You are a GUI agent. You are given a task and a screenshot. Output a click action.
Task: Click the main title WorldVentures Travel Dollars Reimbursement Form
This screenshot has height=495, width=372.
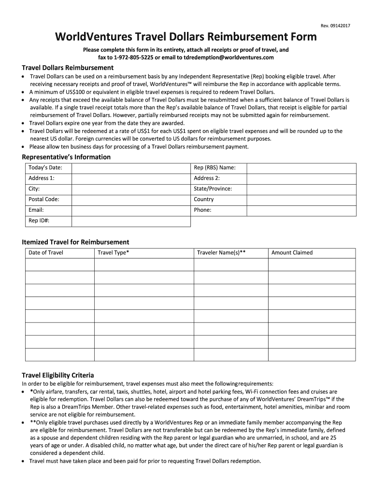point(186,37)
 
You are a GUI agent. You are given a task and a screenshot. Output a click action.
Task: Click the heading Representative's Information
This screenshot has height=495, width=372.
point(66,157)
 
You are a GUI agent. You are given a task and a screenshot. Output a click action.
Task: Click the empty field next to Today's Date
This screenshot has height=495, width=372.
point(130,168)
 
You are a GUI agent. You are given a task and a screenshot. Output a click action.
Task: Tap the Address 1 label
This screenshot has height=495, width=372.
point(42,178)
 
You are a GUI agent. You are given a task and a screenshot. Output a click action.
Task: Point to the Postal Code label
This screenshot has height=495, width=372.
point(44,200)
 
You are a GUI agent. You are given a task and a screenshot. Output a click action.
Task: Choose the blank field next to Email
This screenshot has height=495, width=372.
point(130,210)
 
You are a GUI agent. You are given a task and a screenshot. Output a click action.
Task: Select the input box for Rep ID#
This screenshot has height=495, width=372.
point(130,221)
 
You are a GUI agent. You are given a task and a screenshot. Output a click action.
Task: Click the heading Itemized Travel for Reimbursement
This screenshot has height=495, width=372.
point(75,242)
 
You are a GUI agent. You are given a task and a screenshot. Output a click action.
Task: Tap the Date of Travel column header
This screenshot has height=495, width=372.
point(46,253)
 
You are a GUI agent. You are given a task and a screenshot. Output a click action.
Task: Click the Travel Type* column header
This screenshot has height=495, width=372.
point(114,253)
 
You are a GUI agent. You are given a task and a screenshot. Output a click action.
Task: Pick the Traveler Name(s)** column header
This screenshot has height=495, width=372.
point(221,253)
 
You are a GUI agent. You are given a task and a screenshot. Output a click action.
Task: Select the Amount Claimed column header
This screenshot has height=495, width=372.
point(292,253)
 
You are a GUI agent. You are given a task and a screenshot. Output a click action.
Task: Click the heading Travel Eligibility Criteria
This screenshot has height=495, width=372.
point(58,375)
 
